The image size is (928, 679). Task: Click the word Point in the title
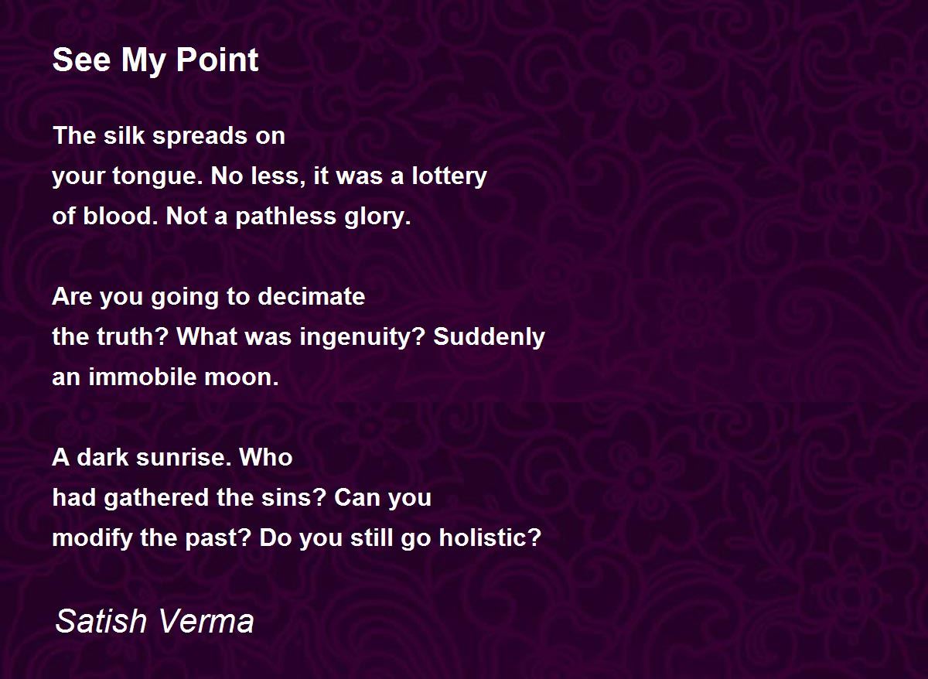(217, 60)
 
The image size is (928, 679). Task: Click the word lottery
(449, 177)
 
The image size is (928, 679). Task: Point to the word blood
(118, 216)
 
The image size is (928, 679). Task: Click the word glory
(377, 217)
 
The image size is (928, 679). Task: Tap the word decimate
(311, 297)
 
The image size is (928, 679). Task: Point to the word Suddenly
(489, 338)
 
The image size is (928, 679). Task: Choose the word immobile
(142, 377)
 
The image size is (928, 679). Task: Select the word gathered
(156, 498)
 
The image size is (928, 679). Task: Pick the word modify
(92, 538)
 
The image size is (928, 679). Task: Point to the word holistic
(490, 537)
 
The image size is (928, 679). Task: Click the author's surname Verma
(206, 622)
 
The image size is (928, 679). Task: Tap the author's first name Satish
(101, 622)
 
